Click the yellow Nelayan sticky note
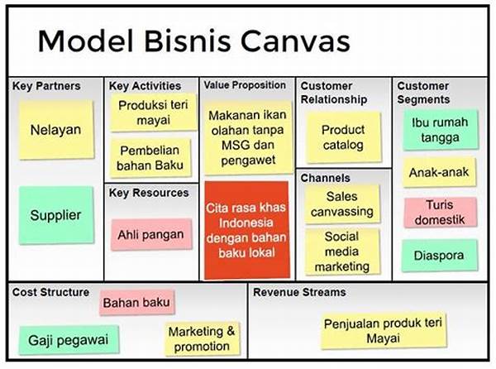pyautogui.click(x=56, y=130)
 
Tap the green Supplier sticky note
pyautogui.click(x=56, y=215)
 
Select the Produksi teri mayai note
pyautogui.click(x=154, y=113)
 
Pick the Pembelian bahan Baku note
pyautogui.click(x=150, y=157)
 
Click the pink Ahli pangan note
pyautogui.click(x=151, y=234)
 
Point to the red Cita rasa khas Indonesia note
pyautogui.click(x=246, y=230)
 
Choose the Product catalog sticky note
pyautogui.click(x=344, y=137)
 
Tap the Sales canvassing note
pyautogui.click(x=342, y=204)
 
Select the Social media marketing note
pyautogui.click(x=342, y=252)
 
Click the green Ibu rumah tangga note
pyautogui.click(x=440, y=130)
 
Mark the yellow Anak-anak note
pyautogui.click(x=439, y=172)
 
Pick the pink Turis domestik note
pyautogui.click(x=440, y=212)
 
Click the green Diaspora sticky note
pyautogui.click(x=440, y=256)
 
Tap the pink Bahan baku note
pyautogui.click(x=136, y=302)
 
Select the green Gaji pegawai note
pyautogui.click(x=69, y=340)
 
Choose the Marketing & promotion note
pyautogui.click(x=202, y=339)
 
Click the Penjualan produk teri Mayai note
pyautogui.click(x=383, y=331)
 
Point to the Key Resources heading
pyautogui.click(x=149, y=193)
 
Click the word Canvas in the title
pyautogui.click(x=295, y=41)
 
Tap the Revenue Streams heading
pyautogui.click(x=299, y=292)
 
